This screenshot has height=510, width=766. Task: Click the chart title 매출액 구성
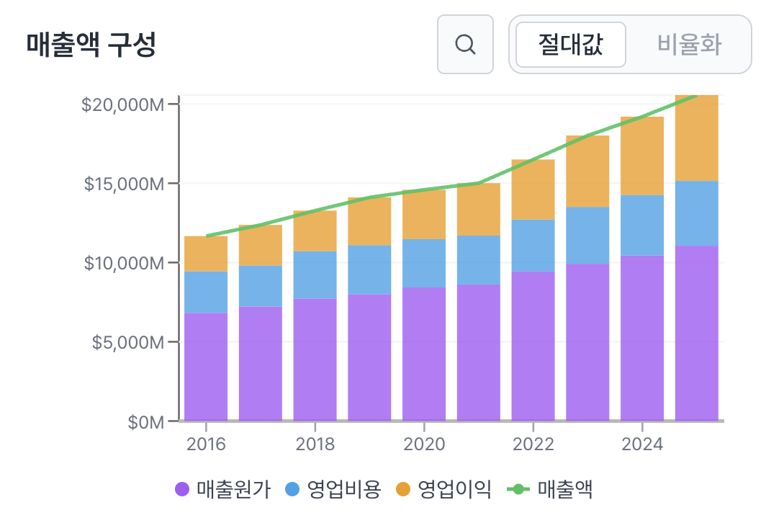pyautogui.click(x=91, y=45)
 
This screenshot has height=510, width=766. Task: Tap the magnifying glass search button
pyautogui.click(x=465, y=45)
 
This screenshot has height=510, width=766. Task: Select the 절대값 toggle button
pyautogui.click(x=571, y=45)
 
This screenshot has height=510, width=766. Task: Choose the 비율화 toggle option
pyautogui.click(x=689, y=45)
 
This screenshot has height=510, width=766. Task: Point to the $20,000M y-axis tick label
pyautogui.click(x=122, y=104)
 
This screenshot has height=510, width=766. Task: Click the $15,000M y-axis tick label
pyautogui.click(x=122, y=184)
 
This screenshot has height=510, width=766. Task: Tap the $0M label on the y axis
pyautogui.click(x=145, y=421)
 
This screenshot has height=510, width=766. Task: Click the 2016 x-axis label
pyautogui.click(x=206, y=444)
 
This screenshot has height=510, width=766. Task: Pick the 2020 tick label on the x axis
pyautogui.click(x=424, y=444)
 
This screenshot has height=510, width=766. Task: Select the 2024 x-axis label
pyautogui.click(x=642, y=444)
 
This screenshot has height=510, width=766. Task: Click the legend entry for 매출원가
pyautogui.click(x=223, y=490)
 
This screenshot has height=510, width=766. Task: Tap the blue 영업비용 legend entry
pyautogui.click(x=333, y=490)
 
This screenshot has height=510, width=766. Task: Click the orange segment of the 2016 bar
pyautogui.click(x=206, y=254)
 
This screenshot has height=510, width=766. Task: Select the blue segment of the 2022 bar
pyautogui.click(x=533, y=246)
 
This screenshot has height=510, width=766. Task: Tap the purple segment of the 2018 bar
pyautogui.click(x=315, y=359)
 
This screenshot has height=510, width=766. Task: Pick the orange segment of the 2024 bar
pyautogui.click(x=642, y=156)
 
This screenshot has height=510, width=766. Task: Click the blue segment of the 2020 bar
pyautogui.click(x=424, y=263)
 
